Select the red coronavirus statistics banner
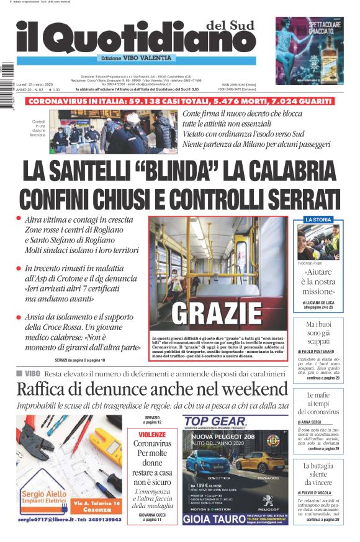179,100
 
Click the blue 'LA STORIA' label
318,220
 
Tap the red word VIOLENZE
152,435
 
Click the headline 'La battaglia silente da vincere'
318,474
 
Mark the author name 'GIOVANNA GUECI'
153,514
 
